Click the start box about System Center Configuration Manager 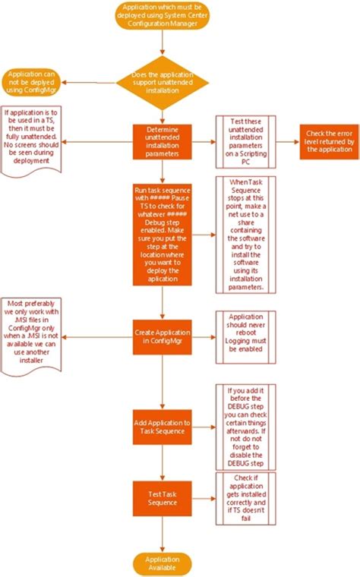tap(162, 17)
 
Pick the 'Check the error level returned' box tap(328, 141)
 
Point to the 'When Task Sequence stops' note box tap(244, 235)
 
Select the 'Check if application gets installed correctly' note tap(244, 498)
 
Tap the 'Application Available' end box tap(162, 563)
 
